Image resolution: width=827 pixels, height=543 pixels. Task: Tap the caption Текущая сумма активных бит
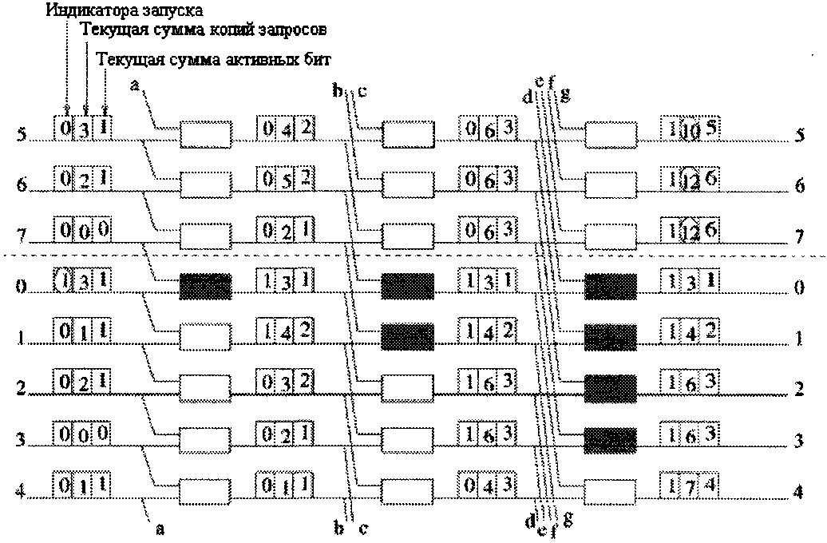click(213, 59)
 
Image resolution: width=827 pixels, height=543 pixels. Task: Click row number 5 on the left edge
click(21, 133)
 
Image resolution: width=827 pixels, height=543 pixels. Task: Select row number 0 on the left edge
click(21, 285)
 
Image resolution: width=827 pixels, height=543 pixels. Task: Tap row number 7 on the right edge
click(799, 238)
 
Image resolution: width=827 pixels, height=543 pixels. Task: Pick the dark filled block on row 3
click(611, 438)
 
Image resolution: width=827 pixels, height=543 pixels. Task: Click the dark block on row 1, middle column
click(408, 336)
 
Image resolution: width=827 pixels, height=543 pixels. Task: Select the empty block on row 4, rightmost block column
click(611, 489)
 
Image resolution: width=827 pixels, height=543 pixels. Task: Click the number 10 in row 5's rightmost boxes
click(691, 131)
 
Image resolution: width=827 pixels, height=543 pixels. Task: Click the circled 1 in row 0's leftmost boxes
click(67, 279)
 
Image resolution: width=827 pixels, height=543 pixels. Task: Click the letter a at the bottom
click(160, 528)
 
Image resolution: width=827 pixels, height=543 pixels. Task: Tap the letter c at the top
click(362, 91)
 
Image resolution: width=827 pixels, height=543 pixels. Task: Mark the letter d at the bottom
click(529, 523)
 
